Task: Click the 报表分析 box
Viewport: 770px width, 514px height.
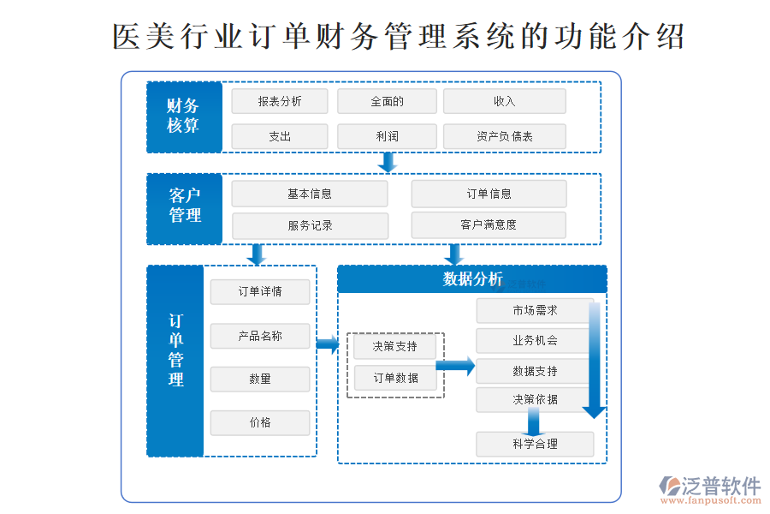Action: tap(280, 101)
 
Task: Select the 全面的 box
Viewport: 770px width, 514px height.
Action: tap(387, 101)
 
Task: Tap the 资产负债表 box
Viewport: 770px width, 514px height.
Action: tap(505, 136)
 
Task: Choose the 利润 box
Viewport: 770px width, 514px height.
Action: tap(387, 136)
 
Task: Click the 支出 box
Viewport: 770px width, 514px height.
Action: tap(280, 136)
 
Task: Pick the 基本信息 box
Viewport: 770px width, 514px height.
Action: tap(310, 194)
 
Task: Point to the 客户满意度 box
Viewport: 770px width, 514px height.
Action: tap(489, 225)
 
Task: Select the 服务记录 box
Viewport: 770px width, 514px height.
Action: tap(310, 226)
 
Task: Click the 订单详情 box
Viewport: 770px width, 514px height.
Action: tap(260, 292)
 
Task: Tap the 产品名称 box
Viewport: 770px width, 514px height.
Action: tap(260, 337)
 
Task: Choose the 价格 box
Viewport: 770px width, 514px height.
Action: tap(260, 422)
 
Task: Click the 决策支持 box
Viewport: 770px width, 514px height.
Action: tap(395, 346)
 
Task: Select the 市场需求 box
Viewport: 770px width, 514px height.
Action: tap(535, 310)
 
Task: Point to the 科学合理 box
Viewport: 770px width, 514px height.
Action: tap(535, 444)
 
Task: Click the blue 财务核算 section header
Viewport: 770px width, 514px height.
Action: tap(184, 117)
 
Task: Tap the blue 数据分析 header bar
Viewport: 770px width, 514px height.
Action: tap(472, 279)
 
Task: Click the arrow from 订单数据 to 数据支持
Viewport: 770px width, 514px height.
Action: tap(455, 367)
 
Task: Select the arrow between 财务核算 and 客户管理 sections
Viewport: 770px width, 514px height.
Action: tap(388, 163)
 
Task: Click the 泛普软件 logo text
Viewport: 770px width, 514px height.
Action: tap(720, 486)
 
